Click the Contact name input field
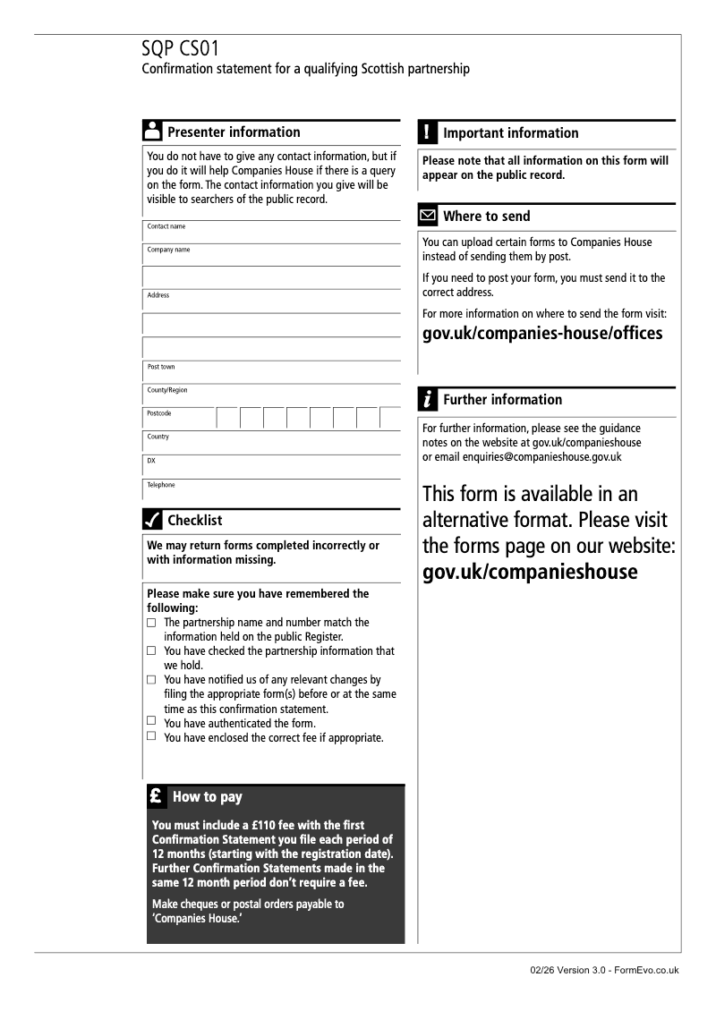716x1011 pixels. tap(273, 232)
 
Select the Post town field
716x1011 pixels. tap(273, 372)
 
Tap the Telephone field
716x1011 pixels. tap(273, 490)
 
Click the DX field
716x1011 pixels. tap(273, 466)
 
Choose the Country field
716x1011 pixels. tap(273, 442)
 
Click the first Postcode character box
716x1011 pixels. tap(227, 418)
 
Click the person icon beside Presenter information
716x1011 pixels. tap(152, 131)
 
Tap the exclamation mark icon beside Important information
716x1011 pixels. tap(428, 132)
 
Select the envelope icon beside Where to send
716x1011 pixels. tap(428, 216)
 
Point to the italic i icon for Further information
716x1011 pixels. tap(428, 399)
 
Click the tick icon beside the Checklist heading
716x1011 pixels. tap(152, 520)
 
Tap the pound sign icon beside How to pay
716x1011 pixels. tap(156, 795)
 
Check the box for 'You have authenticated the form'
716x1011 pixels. tap(151, 721)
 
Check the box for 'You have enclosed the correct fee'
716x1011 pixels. tap(151, 736)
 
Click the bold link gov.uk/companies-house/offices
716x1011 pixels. tap(542, 334)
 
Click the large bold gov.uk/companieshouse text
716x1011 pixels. tap(530, 572)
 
